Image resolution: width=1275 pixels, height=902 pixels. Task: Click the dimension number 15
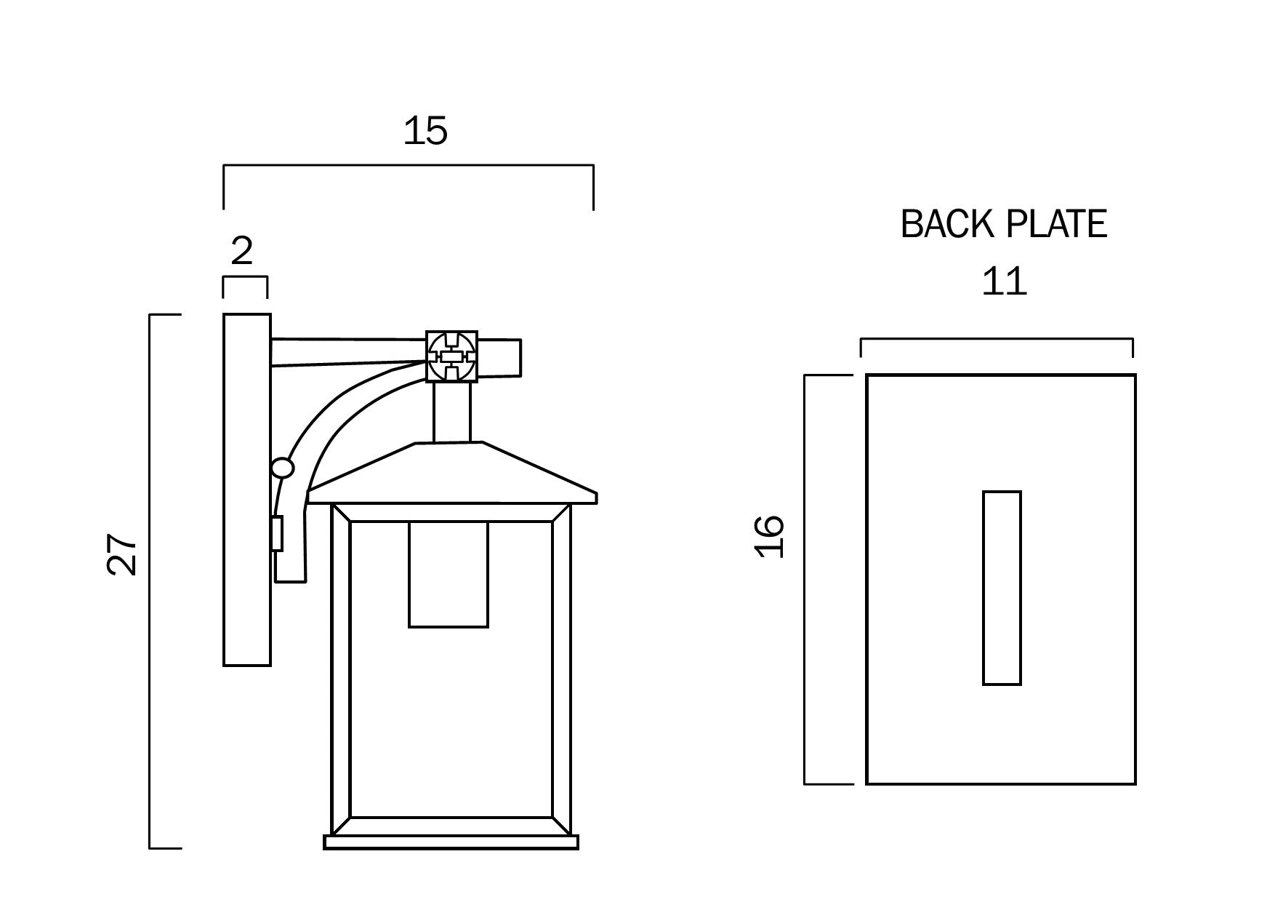[x=425, y=132]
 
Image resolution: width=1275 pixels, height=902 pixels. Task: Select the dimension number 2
[x=241, y=251]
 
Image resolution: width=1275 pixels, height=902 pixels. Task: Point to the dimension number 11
[x=1004, y=282]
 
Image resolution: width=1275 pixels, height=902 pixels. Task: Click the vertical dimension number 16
[x=770, y=537]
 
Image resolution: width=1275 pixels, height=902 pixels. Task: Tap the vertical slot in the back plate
[x=1002, y=588]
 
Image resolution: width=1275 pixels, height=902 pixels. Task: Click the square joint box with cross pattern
[x=451, y=356]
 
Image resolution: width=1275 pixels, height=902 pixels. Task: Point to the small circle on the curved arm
[x=282, y=468]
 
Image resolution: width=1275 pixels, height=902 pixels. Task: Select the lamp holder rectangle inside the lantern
[x=449, y=574]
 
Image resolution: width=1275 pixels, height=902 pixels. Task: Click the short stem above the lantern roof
[x=452, y=412]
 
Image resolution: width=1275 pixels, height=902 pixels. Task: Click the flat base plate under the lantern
[x=451, y=842]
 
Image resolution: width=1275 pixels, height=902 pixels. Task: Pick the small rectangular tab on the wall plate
[x=277, y=534]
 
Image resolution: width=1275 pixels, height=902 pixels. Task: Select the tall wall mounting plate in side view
[x=246, y=490]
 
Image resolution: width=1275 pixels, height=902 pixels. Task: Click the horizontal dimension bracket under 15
[x=408, y=167]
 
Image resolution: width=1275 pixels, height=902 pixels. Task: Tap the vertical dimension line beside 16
[x=805, y=580]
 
